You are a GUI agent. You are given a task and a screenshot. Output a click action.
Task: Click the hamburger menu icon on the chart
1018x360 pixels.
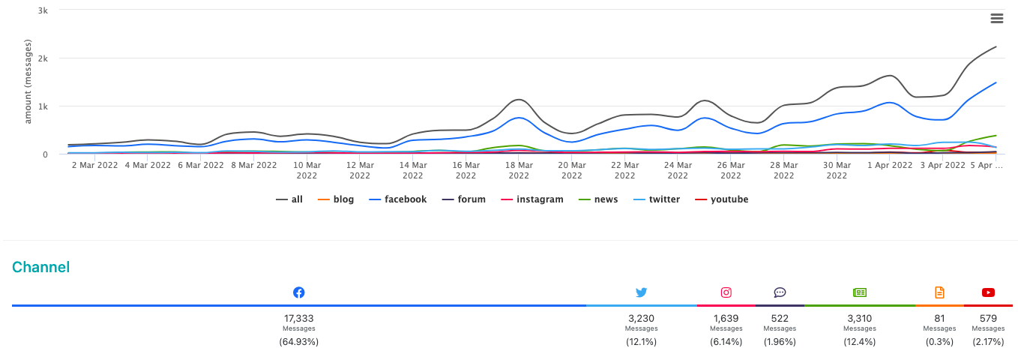point(997,18)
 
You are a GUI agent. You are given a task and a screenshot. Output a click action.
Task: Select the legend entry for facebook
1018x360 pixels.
point(397,199)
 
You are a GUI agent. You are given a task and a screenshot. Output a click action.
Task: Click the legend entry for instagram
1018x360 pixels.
point(531,199)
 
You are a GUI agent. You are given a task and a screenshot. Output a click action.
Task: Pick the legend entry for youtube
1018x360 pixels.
point(722,199)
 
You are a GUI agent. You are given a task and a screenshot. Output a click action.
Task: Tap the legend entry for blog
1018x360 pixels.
point(335,199)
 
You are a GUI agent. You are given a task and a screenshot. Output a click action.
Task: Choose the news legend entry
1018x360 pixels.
point(598,199)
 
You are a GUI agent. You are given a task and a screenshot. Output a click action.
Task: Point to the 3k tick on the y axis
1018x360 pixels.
point(43,10)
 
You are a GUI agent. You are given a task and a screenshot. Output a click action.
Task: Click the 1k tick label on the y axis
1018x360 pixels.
point(43,106)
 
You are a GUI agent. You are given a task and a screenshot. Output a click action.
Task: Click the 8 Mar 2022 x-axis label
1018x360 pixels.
point(253,165)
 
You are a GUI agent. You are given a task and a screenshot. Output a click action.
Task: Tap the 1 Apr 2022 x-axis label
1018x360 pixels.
point(890,165)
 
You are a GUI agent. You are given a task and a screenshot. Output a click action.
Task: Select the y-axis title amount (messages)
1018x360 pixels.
point(28,81)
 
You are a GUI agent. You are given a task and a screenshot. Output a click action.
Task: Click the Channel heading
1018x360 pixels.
point(41,267)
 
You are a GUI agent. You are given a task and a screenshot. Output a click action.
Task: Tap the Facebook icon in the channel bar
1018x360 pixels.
point(298,292)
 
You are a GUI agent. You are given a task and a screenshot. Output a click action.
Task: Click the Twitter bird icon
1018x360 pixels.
point(641,292)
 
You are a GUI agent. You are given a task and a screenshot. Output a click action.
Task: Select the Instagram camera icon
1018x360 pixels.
point(726,292)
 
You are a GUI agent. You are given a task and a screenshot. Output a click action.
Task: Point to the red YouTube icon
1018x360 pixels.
point(988,292)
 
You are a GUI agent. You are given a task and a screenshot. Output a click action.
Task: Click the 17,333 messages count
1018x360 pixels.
point(298,318)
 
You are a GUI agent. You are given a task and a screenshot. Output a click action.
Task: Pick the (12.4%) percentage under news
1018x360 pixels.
point(859,342)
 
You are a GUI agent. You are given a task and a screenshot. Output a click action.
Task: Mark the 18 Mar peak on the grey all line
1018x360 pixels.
point(519,100)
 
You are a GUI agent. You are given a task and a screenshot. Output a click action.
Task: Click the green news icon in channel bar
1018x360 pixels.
point(859,292)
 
